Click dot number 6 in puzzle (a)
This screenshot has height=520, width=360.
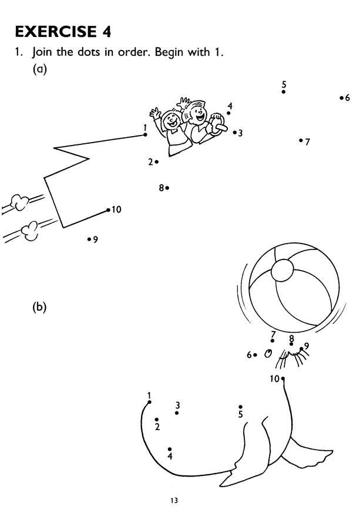[x=341, y=98]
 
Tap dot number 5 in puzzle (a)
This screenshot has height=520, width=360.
[x=284, y=92]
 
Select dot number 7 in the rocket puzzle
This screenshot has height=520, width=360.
[x=301, y=140]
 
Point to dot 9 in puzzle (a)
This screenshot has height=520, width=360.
[x=89, y=239]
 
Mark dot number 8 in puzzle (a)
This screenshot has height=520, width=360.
[x=167, y=188]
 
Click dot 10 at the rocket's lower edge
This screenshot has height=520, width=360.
[x=109, y=210]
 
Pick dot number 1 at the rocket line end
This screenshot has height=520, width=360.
[x=146, y=134]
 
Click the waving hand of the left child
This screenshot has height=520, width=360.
[x=155, y=112]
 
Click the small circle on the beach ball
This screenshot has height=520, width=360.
[x=282, y=271]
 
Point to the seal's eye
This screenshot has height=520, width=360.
[x=268, y=353]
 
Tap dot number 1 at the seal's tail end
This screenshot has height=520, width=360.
[x=150, y=402]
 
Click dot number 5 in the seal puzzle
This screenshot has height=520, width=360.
[x=241, y=406]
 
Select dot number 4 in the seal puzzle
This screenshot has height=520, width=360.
[x=170, y=449]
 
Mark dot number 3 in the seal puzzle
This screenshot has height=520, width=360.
[x=177, y=413]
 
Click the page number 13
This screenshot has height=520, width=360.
[x=174, y=501]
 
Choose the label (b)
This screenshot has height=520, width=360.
[x=39, y=306]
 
